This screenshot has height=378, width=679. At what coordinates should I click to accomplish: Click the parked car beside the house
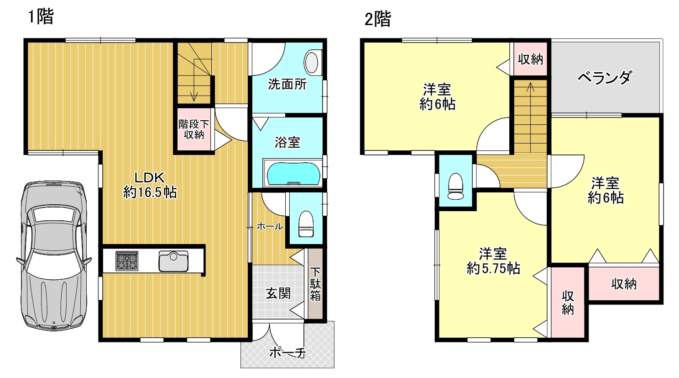point(54,256)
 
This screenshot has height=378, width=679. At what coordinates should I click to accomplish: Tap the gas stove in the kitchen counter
point(127,261)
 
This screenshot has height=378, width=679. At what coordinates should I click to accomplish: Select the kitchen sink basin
point(173,261)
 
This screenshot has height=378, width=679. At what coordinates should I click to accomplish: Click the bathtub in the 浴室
point(293,173)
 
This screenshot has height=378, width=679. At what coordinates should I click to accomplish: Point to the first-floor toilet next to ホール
point(306,224)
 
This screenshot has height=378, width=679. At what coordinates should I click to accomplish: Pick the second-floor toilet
point(455,186)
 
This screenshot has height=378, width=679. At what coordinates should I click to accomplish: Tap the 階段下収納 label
point(193,129)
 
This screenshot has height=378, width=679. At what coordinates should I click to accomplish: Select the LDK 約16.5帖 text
point(150,185)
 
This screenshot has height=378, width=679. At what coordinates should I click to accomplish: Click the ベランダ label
point(605,77)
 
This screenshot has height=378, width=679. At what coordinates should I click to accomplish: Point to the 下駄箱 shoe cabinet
point(315,284)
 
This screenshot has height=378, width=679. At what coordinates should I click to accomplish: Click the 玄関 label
point(278,293)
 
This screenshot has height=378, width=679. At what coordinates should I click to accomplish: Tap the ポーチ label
point(287,353)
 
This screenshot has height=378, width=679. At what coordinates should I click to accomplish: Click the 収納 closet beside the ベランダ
point(530,59)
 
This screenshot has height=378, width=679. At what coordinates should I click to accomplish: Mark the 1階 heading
point(41,16)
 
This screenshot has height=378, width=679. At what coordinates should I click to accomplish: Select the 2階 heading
point(378,19)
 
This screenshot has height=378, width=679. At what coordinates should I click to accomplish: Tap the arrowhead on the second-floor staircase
point(530,87)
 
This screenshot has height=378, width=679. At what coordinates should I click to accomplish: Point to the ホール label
point(270,226)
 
